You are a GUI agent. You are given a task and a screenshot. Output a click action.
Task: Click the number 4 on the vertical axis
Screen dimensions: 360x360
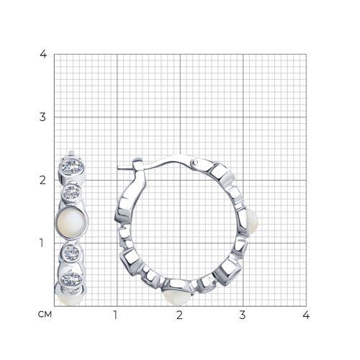pyautogui.click(x=43, y=54)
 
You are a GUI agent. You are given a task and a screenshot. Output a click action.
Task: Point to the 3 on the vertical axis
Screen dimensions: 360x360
pyautogui.click(x=42, y=117)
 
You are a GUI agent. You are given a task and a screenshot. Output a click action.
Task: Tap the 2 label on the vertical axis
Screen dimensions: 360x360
pyautogui.click(x=42, y=180)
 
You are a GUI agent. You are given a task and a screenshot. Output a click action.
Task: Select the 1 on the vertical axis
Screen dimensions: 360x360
pyautogui.click(x=42, y=243)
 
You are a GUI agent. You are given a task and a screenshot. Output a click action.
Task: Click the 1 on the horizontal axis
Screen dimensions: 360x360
pyautogui.click(x=115, y=315)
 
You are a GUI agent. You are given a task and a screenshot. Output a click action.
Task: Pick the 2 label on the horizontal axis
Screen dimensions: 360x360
pyautogui.click(x=179, y=315)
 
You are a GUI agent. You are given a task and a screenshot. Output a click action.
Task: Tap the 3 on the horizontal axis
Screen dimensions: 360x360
pyautogui.click(x=243, y=315)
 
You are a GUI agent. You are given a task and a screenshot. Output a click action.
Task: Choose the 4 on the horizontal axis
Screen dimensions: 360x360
pyautogui.click(x=306, y=315)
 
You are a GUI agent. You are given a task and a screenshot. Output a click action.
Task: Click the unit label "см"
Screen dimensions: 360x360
pyautogui.click(x=45, y=315)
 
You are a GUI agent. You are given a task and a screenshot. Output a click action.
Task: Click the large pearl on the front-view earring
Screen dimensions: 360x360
pyautogui.click(x=71, y=223)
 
